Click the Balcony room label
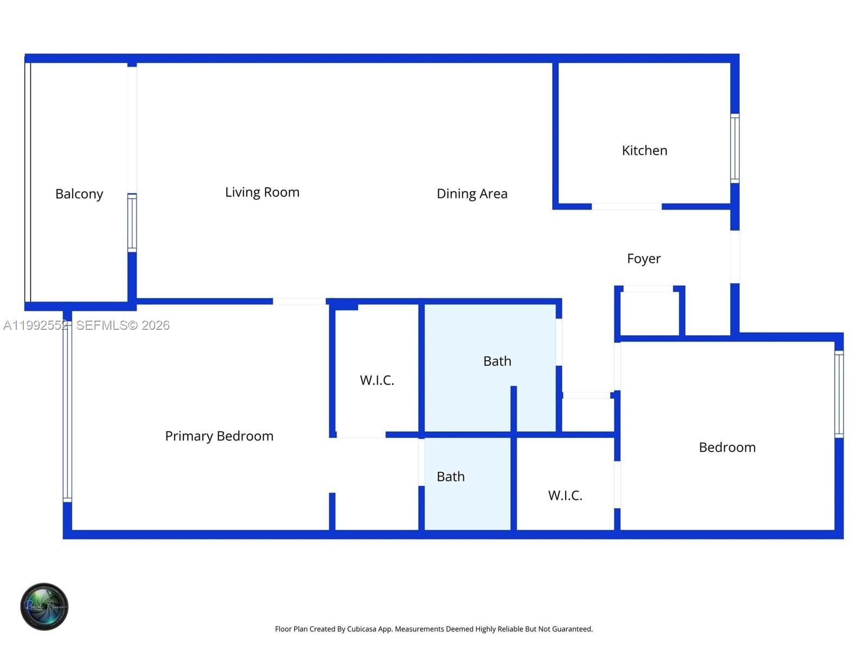pos(79,194)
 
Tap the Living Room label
pos(262,193)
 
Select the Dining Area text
pos(472,194)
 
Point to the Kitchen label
pos(644,150)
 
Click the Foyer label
pos(643,259)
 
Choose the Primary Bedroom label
pos(219,436)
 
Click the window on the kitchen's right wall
pos(735,148)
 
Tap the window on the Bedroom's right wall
pos(839,394)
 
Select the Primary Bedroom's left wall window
pos(67,411)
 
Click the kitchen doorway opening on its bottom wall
pos(627,207)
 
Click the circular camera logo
pos(44,607)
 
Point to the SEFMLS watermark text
pos(123,325)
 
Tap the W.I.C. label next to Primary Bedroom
pos(377,380)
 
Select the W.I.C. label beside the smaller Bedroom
pos(565,495)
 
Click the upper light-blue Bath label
pos(497,361)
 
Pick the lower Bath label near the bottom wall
pos(451,477)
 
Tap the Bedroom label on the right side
pos(727,448)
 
